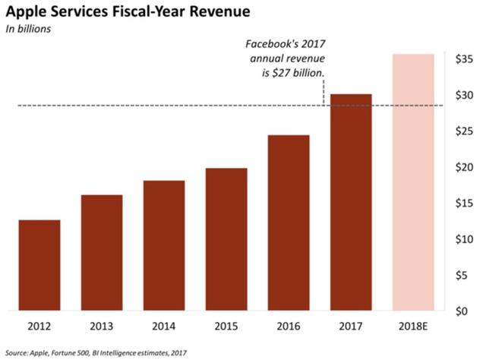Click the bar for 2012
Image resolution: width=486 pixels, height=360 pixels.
(39, 265)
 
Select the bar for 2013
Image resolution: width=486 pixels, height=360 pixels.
(101, 253)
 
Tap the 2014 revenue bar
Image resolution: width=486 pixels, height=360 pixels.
(163, 245)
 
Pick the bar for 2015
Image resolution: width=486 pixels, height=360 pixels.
(226, 239)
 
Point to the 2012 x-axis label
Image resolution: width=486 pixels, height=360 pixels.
(39, 327)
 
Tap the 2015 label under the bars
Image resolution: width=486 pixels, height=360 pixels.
(226, 327)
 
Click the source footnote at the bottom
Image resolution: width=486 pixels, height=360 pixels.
(96, 352)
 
